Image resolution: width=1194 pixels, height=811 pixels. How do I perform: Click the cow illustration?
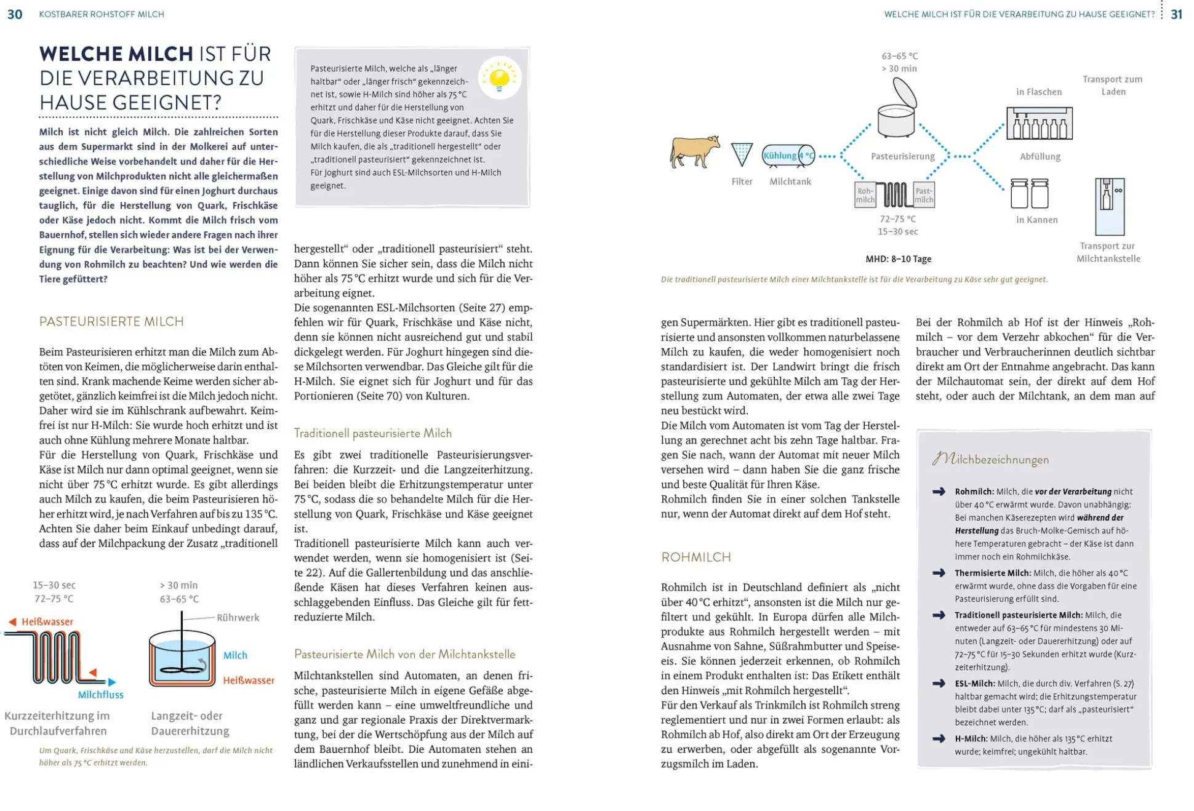click(694, 151)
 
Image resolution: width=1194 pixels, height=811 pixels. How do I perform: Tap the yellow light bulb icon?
click(500, 78)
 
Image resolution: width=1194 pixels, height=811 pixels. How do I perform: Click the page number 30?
click(15, 14)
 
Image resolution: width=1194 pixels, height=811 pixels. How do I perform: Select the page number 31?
click(1176, 14)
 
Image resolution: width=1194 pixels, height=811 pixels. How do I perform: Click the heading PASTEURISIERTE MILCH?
click(111, 321)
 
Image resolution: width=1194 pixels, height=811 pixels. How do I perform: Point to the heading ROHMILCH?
click(695, 557)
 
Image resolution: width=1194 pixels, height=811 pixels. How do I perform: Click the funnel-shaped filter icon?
click(742, 154)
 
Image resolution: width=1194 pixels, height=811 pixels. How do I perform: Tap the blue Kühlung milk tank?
click(788, 156)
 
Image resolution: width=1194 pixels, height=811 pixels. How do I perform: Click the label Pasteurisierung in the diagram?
click(902, 156)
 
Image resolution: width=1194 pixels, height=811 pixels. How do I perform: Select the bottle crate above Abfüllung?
click(1039, 123)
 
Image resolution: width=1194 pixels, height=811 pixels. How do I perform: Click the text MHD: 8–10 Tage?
click(898, 259)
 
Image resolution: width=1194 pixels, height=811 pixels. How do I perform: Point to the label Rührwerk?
click(238, 617)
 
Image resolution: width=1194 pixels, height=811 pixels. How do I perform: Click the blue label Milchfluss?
click(100, 695)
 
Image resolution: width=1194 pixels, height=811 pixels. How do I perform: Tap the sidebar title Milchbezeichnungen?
click(990, 459)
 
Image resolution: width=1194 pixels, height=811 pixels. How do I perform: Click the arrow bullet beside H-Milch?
click(939, 738)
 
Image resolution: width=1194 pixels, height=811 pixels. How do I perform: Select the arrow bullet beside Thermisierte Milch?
click(939, 573)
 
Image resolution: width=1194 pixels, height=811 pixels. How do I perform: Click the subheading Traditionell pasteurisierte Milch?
click(372, 433)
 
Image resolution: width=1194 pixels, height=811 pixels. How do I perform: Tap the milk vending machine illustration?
click(1109, 206)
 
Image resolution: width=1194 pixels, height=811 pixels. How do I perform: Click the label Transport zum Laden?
click(1112, 85)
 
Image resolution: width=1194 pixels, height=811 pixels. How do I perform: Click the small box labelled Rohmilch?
click(865, 195)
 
